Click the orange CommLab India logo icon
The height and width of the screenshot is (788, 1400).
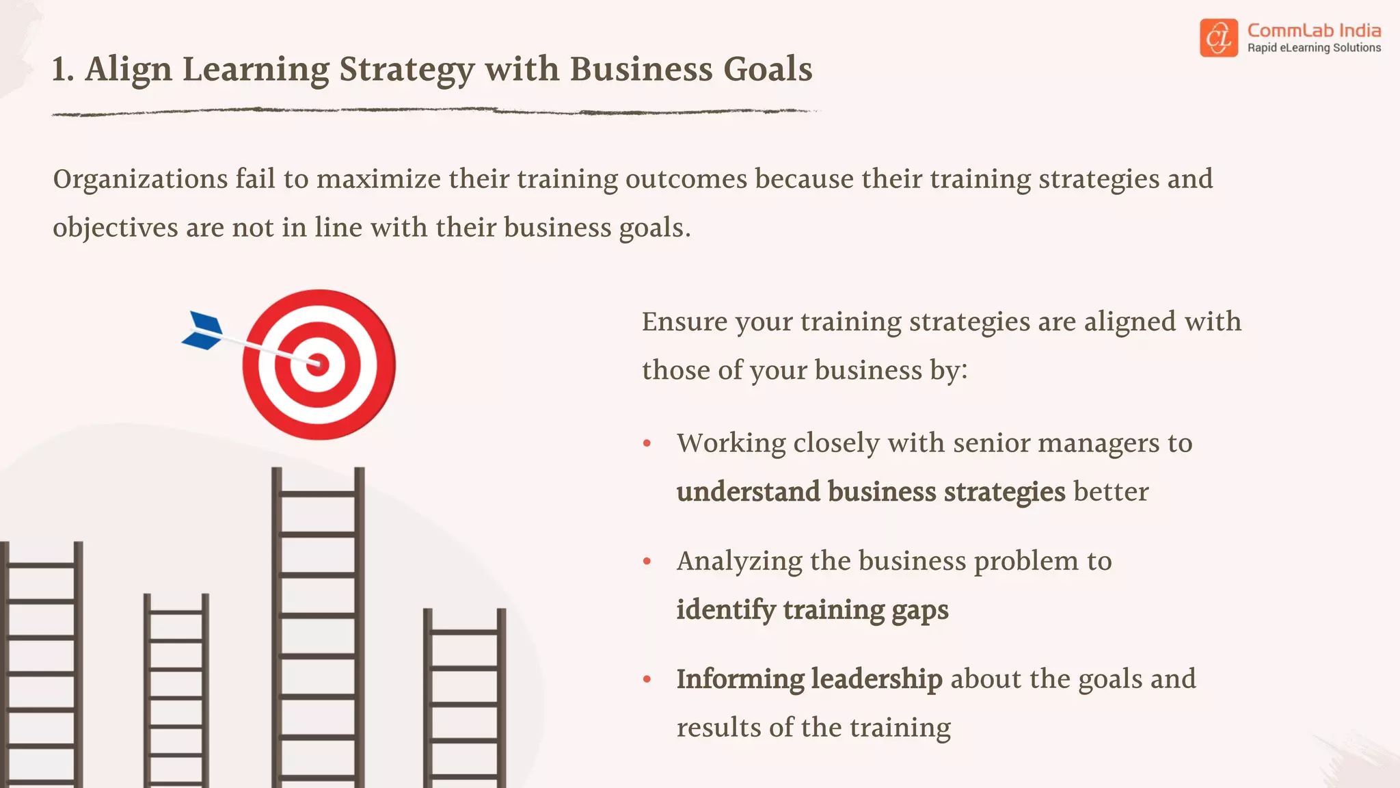tap(1218, 38)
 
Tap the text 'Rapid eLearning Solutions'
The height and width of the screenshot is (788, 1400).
tap(1314, 48)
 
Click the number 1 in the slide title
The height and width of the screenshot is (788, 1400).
tap(61, 70)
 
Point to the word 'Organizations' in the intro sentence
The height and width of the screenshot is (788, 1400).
tap(140, 179)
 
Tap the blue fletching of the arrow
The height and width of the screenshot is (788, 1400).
tap(203, 330)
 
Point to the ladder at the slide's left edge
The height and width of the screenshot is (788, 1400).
tap(41, 664)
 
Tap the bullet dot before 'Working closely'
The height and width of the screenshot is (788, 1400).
tap(647, 444)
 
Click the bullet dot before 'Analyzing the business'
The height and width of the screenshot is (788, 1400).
tap(647, 562)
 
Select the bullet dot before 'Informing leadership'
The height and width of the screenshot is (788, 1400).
tap(647, 679)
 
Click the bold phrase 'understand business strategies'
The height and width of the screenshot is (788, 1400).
tap(870, 492)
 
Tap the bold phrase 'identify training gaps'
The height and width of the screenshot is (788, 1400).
tap(812, 609)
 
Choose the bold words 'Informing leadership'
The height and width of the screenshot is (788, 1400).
tap(809, 679)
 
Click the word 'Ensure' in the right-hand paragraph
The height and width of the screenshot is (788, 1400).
tap(684, 321)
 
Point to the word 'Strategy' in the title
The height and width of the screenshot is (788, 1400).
tap(407, 70)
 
